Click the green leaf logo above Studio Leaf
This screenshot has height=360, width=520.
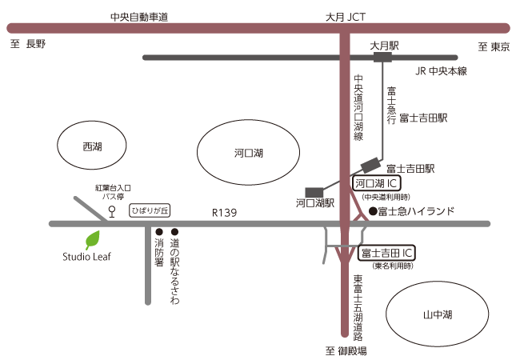(92, 240)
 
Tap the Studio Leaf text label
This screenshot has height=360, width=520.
(88, 257)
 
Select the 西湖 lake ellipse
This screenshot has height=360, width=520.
(92, 147)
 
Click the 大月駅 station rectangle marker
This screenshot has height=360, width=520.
(382, 58)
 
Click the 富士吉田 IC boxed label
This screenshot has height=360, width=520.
(386, 254)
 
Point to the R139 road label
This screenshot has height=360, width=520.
(224, 213)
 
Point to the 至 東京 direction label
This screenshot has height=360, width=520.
(494, 45)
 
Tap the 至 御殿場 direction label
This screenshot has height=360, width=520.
(346, 350)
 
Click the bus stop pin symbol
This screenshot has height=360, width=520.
(112, 212)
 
